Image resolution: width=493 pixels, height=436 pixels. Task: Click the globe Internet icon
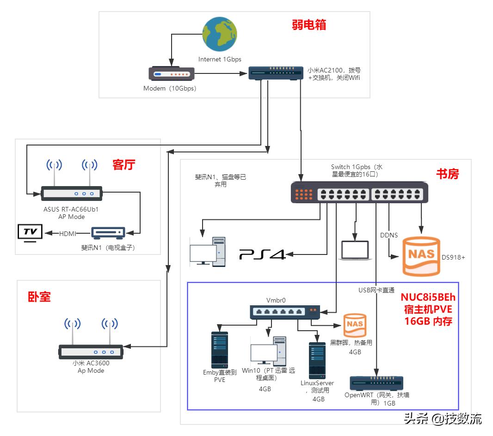(x=220, y=35)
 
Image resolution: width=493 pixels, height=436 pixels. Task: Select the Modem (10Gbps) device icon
(x=171, y=74)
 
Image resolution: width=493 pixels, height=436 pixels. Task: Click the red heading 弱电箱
(x=309, y=25)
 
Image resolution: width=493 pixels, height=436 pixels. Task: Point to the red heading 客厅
(x=124, y=164)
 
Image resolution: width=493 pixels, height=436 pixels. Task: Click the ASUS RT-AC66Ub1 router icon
(x=71, y=194)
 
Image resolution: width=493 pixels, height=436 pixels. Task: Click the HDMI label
(x=68, y=234)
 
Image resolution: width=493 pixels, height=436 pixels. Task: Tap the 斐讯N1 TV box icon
(x=108, y=233)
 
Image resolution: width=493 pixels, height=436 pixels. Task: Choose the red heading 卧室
(x=39, y=297)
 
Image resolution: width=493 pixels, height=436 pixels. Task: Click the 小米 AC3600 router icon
(x=91, y=352)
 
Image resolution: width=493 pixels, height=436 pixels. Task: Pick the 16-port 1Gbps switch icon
(x=359, y=193)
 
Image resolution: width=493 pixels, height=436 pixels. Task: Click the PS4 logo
(x=262, y=254)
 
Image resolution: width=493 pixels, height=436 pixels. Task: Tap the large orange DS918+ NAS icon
(x=421, y=256)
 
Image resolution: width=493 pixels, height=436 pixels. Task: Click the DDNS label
(x=388, y=235)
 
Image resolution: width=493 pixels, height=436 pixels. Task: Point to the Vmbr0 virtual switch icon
(x=284, y=312)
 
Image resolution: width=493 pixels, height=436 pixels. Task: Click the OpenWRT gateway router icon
(x=376, y=383)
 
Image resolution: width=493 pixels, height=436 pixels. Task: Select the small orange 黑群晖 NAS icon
(x=355, y=325)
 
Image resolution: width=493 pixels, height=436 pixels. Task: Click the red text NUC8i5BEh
(x=428, y=297)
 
